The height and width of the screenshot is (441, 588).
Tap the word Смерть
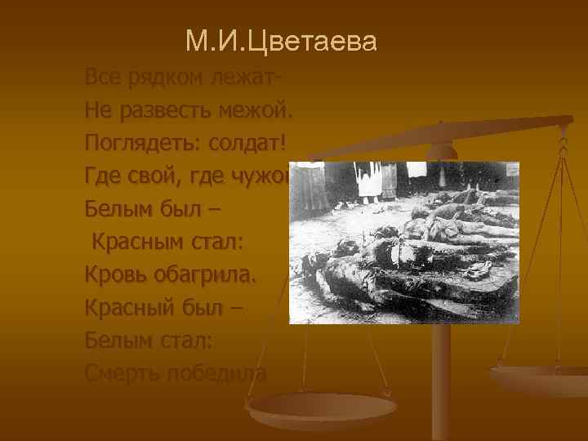(122, 373)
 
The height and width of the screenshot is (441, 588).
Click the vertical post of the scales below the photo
(441, 367)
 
